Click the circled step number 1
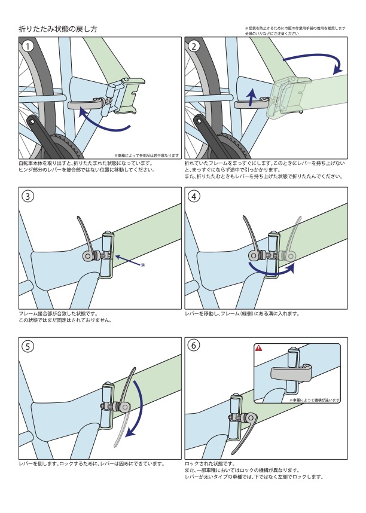coord(28,45)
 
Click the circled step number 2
coord(194,45)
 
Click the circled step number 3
coord(28,196)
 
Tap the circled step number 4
coord(194,196)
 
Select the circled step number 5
coord(28,346)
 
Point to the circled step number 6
coord(194,346)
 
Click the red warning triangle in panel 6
coord(259,347)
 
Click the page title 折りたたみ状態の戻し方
coord(57,29)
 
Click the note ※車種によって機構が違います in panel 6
coord(315,399)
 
